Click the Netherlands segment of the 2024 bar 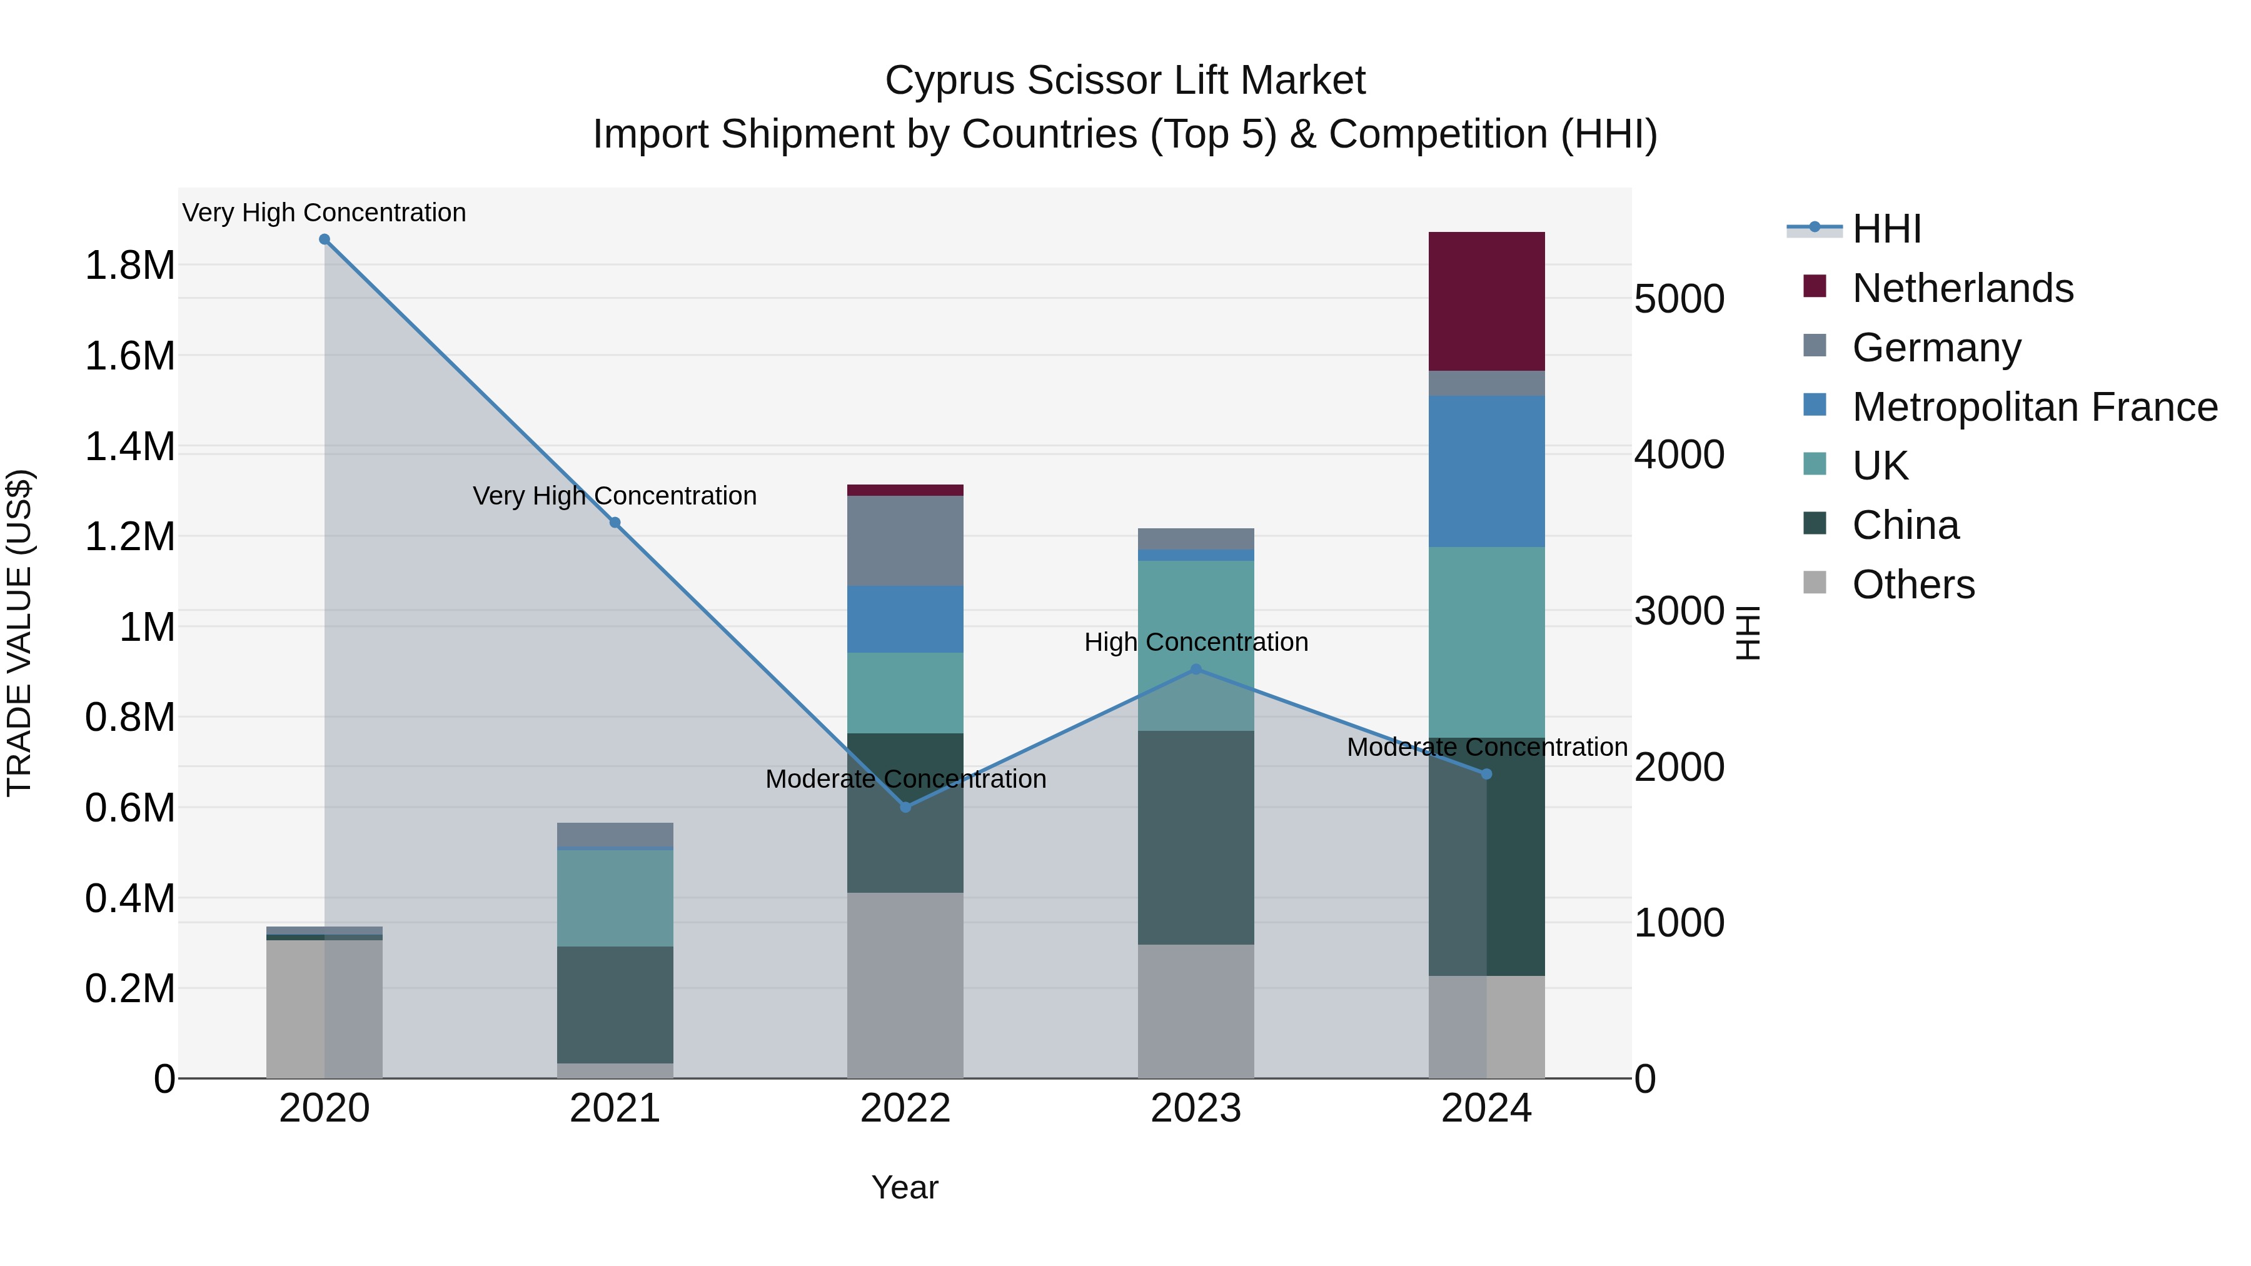pos(1486,301)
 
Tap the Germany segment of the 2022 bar pos(905,540)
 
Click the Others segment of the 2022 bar pos(905,985)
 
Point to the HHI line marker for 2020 pos(324,239)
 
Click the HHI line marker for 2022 pos(905,807)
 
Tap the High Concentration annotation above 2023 pos(1196,642)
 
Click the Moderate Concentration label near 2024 pos(1486,748)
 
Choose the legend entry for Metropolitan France pos(2034,407)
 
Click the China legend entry pos(1905,526)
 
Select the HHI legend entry pos(1886,229)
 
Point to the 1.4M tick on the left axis pos(130,448)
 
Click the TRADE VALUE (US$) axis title pos(19,633)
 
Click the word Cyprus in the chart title pos(950,81)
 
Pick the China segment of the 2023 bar pos(1196,837)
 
